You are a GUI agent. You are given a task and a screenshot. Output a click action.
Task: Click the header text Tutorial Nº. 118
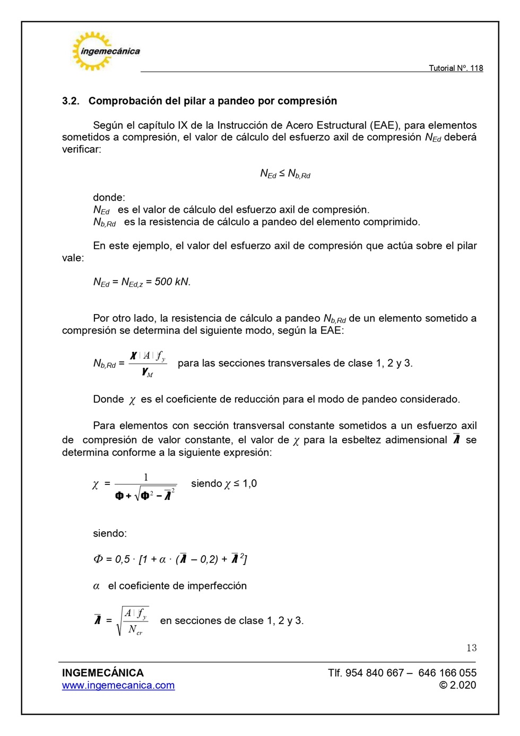coord(455,68)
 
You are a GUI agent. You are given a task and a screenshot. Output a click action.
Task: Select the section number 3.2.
coord(70,101)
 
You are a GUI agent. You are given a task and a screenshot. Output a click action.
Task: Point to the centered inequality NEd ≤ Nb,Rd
coord(285,174)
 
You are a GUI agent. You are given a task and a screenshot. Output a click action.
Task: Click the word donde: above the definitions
coord(109,197)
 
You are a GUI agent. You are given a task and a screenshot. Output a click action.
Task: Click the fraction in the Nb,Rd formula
coord(148,363)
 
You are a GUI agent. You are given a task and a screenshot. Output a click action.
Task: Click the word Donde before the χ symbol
coord(108,399)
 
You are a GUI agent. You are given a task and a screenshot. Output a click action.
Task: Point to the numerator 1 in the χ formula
coord(146,477)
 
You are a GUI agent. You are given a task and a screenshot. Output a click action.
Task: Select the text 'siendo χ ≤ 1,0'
coord(223,483)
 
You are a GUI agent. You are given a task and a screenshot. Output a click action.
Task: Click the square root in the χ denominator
coord(154,495)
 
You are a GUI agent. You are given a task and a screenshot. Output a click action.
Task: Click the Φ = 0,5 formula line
coord(170,559)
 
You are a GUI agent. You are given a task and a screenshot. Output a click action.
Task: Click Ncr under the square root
coord(135,629)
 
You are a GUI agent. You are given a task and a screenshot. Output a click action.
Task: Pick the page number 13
coord(471,648)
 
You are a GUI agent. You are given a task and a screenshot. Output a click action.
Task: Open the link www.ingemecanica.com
coord(118,686)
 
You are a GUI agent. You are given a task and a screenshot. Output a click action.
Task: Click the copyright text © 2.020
coord(457,685)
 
